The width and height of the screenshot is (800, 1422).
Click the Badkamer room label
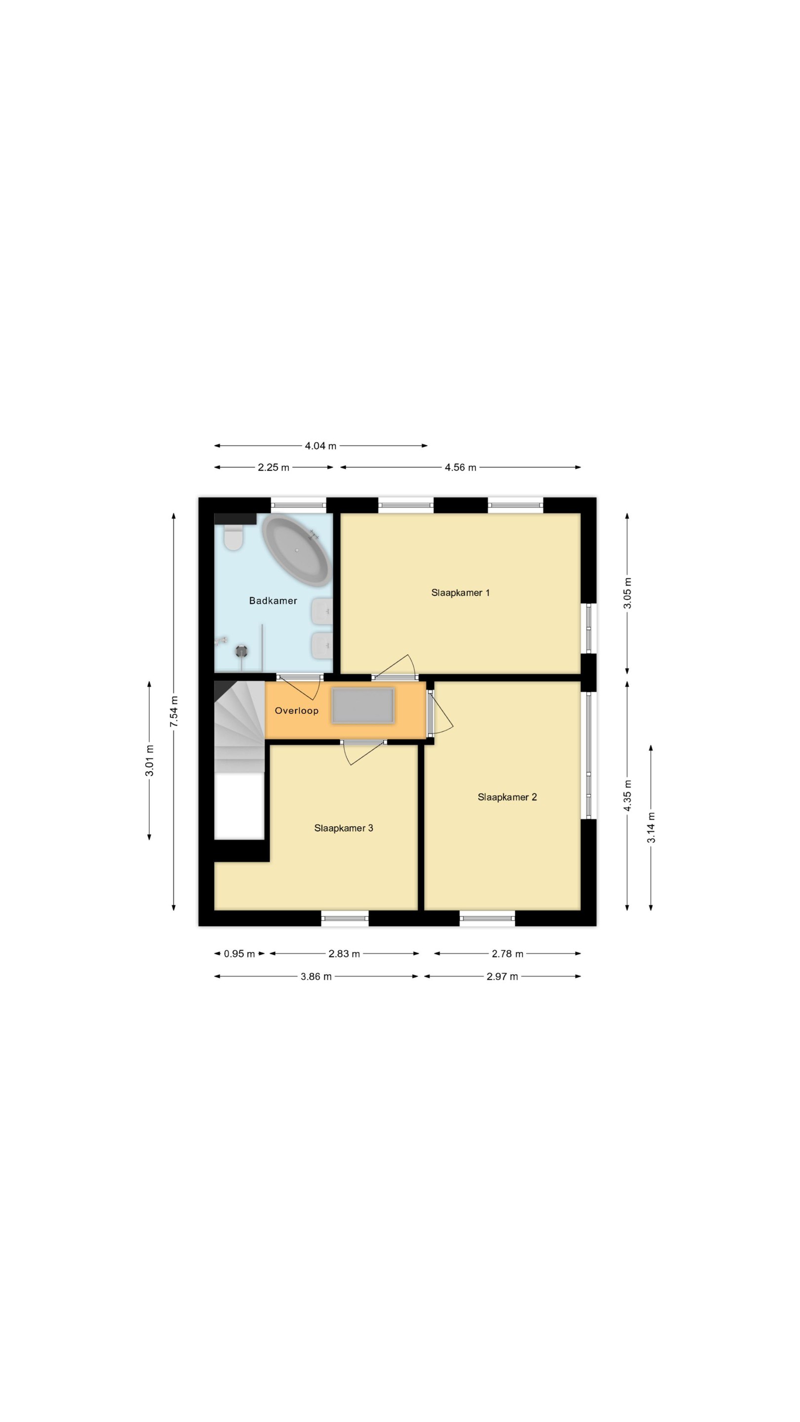point(273,600)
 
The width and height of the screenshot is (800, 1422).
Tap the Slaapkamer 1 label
point(460,593)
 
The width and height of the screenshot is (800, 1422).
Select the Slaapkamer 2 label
point(507,797)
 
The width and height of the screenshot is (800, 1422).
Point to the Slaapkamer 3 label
point(343,828)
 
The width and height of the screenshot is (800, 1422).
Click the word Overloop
point(296,711)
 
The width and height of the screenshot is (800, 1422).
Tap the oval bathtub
point(296,551)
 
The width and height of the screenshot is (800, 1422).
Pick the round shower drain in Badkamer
point(241,651)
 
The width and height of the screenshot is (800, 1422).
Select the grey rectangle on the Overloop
point(363,706)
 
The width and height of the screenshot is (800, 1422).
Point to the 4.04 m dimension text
point(321,446)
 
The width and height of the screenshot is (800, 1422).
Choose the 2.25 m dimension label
point(273,468)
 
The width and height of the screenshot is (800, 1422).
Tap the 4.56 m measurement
point(460,468)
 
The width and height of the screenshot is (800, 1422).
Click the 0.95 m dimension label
point(239,954)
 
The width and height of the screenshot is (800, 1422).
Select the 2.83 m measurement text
point(344,954)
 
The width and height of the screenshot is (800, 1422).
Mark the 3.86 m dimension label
point(316,977)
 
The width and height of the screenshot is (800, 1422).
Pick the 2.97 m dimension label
point(502,977)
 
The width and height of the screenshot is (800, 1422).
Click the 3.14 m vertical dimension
point(651,828)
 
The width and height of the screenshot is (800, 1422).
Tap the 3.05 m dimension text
point(627,593)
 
